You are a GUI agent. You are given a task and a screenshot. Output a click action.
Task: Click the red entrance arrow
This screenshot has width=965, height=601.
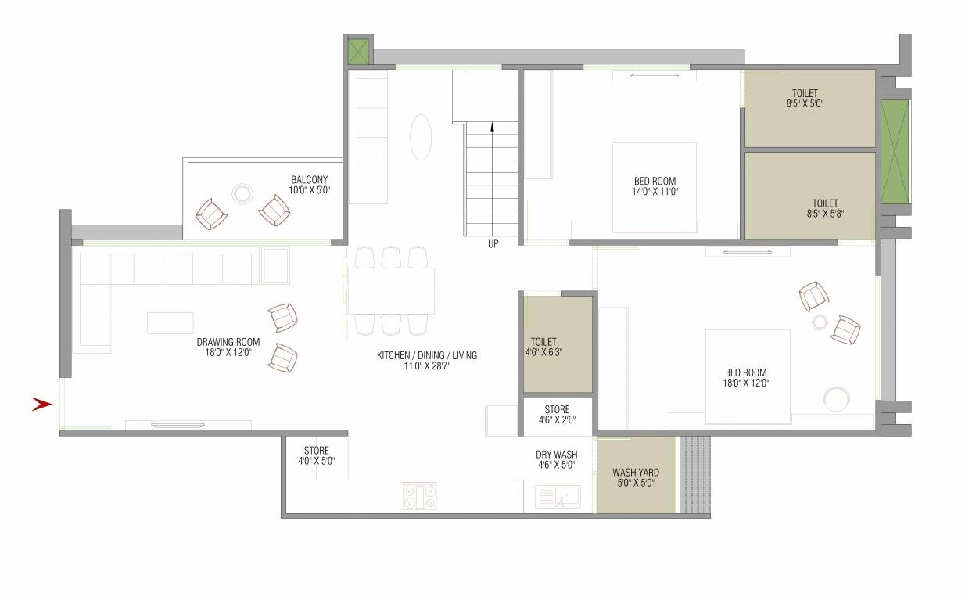click(41, 405)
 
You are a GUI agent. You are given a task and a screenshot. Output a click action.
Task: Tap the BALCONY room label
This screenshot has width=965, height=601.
click(309, 179)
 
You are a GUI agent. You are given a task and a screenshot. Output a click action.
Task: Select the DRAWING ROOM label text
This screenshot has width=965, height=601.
click(228, 342)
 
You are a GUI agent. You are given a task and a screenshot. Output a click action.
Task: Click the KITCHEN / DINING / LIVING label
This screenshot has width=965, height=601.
click(426, 355)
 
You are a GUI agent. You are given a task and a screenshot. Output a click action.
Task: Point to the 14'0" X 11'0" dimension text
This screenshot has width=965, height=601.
click(655, 191)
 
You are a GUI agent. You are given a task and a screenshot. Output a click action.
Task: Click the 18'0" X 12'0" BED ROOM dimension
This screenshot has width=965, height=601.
click(745, 383)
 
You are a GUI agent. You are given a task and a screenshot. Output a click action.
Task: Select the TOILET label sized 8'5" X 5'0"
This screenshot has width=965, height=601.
click(805, 103)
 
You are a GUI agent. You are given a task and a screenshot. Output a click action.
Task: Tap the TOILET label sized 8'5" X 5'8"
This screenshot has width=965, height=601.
click(824, 213)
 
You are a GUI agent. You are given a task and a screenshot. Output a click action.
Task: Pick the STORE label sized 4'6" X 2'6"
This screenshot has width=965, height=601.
click(557, 409)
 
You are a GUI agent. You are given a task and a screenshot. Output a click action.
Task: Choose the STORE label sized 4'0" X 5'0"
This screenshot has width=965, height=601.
click(316, 451)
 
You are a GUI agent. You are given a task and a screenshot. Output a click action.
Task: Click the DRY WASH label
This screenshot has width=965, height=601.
click(556, 454)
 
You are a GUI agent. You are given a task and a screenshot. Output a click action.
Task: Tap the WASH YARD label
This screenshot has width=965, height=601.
click(635, 473)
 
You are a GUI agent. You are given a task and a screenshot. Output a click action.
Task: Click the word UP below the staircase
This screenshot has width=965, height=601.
click(493, 244)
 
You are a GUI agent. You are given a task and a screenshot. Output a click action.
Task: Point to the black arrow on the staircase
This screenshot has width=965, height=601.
click(492, 127)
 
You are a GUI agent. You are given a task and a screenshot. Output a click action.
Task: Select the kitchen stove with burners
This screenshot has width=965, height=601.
click(420, 496)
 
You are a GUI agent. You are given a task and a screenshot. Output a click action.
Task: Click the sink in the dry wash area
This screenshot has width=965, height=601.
click(558, 497)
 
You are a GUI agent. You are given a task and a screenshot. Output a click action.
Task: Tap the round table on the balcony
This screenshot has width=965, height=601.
click(242, 193)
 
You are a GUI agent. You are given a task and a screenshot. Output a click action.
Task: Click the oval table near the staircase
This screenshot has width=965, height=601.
click(421, 138)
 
